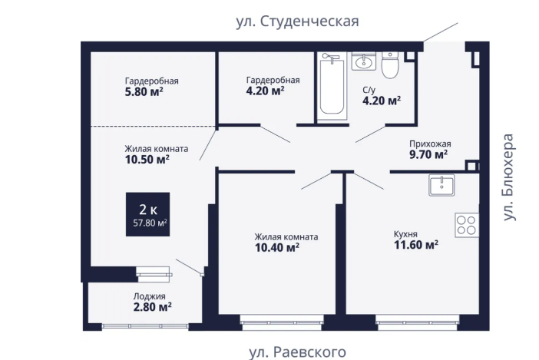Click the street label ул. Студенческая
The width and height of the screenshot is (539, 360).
coord(297,21)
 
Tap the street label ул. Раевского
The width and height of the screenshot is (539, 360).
coord(297,352)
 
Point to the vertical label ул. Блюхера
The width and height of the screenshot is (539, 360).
coord(508,177)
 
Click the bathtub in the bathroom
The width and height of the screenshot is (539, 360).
coord(332,86)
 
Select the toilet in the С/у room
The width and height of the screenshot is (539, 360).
coord(390,65)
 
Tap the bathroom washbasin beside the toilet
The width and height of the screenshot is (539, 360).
coord(363,61)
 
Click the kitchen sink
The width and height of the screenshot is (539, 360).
coord(441,185)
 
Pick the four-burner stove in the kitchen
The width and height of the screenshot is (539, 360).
coord(467,225)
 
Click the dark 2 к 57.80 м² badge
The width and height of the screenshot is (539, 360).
coord(148,214)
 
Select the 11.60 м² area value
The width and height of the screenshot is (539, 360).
coord(416,245)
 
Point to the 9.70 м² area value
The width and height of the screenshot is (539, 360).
coord(428,154)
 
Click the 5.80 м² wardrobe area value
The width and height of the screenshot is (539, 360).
coord(144,92)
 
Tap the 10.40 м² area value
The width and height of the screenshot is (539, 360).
coord(277,247)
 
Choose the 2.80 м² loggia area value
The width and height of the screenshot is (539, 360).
coord(153,307)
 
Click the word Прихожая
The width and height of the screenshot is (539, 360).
coord(430,144)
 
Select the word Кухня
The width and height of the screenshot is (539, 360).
coord(405,234)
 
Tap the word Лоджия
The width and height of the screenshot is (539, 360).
coord(150,296)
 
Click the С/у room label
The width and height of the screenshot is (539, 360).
coord(369,90)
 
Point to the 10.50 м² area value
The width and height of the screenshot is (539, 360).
coord(147,160)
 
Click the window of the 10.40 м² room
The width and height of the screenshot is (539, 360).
coord(282,323)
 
